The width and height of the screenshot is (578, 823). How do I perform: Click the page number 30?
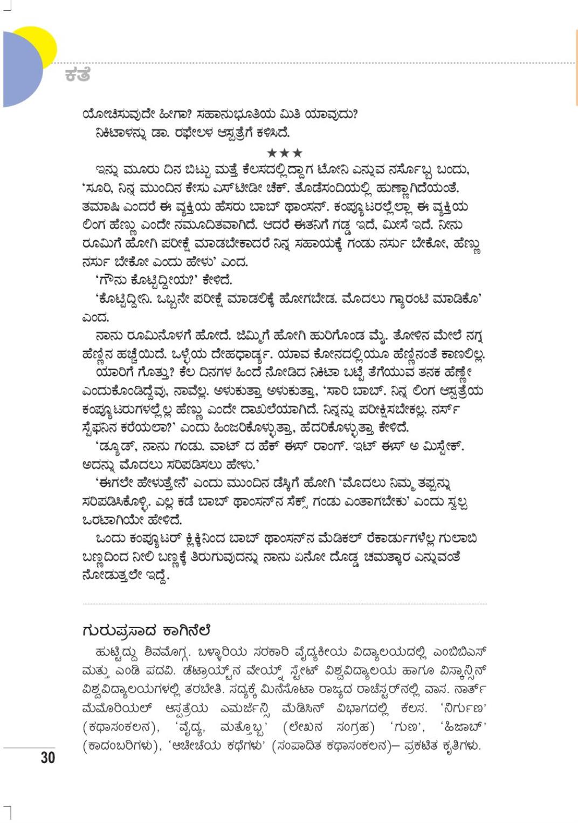pos(47,757)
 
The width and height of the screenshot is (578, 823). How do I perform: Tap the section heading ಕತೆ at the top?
pos(77,74)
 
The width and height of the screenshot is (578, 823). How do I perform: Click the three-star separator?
pos(285,153)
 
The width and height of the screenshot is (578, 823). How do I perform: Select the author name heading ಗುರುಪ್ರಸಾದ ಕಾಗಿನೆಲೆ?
pos(146,630)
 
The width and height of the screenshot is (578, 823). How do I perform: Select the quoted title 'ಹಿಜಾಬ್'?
pos(463,727)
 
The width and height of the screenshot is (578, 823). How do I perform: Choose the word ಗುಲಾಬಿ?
pos(460,539)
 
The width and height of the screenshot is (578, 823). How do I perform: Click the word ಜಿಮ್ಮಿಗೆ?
pos(254,336)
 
